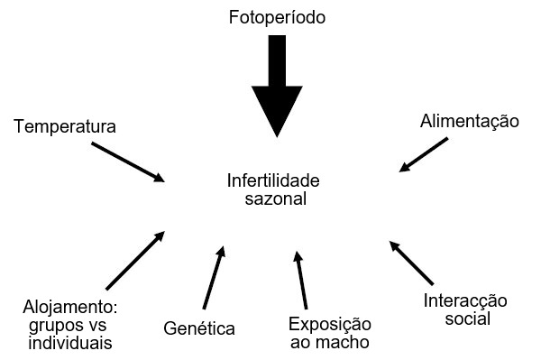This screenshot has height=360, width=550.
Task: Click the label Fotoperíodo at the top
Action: click(276, 18)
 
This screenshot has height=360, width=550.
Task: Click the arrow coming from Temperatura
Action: click(128, 160)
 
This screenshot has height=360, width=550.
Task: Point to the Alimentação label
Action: click(469, 121)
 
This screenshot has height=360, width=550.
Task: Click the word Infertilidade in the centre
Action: click(273, 180)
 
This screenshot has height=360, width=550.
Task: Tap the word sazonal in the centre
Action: click(275, 198)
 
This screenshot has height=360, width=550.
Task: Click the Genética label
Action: click(199, 328)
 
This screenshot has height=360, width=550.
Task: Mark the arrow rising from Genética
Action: click(213, 277)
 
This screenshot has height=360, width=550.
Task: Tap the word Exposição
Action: click(329, 325)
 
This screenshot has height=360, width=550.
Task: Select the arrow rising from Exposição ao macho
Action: click(302, 281)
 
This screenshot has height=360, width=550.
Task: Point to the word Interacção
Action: click(466, 301)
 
